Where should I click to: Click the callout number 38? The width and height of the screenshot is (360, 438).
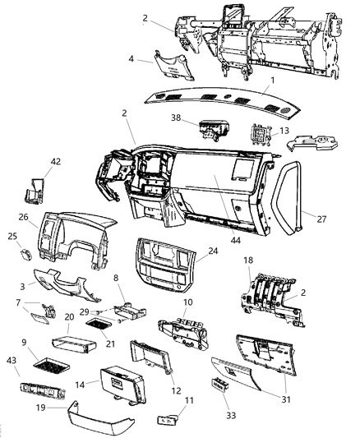(x=175, y=118)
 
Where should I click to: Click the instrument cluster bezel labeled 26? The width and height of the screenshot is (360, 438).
(x=74, y=247)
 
